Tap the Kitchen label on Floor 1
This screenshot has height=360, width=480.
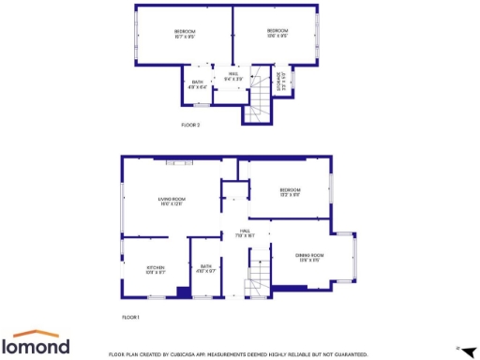point(155,270)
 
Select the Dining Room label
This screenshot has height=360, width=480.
point(310,256)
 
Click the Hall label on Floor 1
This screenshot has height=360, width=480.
point(245,232)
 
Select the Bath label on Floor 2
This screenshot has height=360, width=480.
point(198,82)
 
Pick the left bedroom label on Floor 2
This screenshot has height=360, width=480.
point(184,36)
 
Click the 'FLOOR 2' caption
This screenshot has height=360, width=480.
point(190,124)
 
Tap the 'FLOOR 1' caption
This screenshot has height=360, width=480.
point(130,318)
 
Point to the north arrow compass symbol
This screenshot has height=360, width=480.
point(469,349)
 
